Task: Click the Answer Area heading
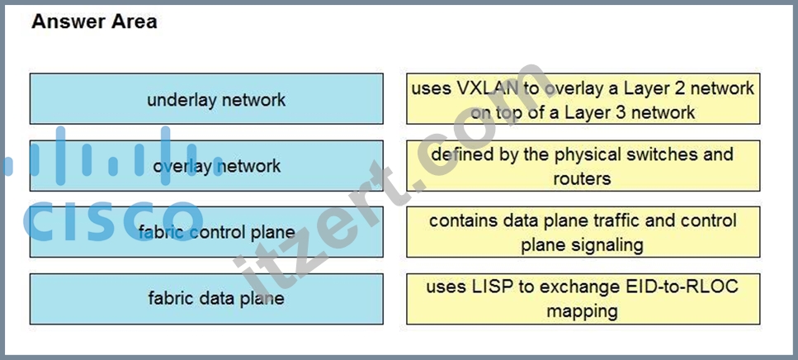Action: click(94, 22)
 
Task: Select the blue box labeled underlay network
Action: click(206, 99)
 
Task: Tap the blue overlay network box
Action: click(206, 165)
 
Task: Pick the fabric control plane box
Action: click(206, 232)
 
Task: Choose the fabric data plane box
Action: click(206, 299)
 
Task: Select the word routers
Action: click(583, 178)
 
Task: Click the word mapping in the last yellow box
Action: click(583, 311)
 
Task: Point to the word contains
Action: click(463, 221)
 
